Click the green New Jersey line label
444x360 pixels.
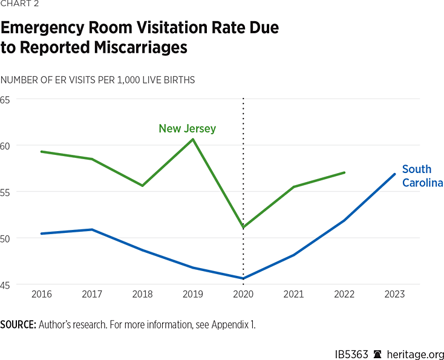187,128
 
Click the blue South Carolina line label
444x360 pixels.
422,176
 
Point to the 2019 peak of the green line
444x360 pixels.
193,140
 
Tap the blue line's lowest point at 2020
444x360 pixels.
243,278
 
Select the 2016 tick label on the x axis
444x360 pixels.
41,293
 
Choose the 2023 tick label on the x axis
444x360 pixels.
394,293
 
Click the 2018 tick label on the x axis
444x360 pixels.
142,293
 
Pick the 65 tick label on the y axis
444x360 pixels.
5,99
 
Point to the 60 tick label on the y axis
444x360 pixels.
5,146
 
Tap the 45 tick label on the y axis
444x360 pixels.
5,284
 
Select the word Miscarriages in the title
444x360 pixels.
129,48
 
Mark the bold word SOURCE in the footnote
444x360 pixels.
18,325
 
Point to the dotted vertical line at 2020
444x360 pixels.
243,182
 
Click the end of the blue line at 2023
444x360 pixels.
394,174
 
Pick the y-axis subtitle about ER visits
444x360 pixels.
97,80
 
